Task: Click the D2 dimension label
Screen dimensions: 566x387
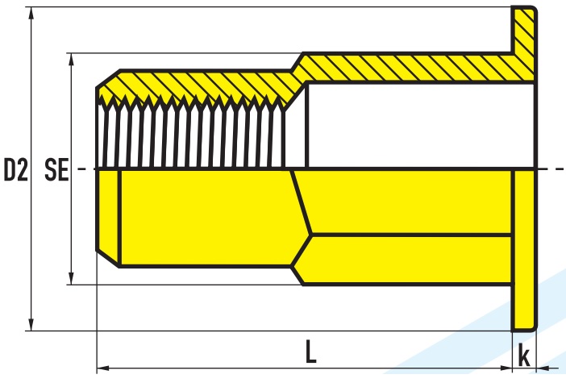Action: pyautogui.click(x=15, y=169)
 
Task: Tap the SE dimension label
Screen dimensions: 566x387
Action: pyautogui.click(x=56, y=169)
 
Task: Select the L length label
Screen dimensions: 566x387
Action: pyautogui.click(x=310, y=351)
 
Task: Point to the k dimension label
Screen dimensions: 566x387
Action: pyautogui.click(x=524, y=355)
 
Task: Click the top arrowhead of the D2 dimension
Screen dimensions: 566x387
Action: pyautogui.click(x=31, y=13)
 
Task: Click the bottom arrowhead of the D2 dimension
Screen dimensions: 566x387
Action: pyautogui.click(x=31, y=325)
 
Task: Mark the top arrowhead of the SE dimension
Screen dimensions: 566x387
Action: pyautogui.click(x=72, y=59)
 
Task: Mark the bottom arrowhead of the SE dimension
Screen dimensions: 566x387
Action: pyautogui.click(x=72, y=278)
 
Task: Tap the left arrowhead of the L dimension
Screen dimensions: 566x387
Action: pyautogui.click(x=103, y=368)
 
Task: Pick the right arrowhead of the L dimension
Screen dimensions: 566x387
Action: pyautogui.click(x=506, y=368)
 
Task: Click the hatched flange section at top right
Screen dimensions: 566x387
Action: pyautogui.click(x=524, y=43)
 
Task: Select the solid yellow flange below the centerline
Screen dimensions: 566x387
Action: pyautogui.click(x=524, y=250)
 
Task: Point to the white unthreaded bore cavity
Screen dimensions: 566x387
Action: pyautogui.click(x=421, y=126)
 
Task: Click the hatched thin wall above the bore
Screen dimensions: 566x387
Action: pyautogui.click(x=408, y=68)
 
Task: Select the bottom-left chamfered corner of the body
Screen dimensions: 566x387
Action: pyautogui.click(x=107, y=257)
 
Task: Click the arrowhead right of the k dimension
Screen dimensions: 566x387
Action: pyautogui.click(x=543, y=368)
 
